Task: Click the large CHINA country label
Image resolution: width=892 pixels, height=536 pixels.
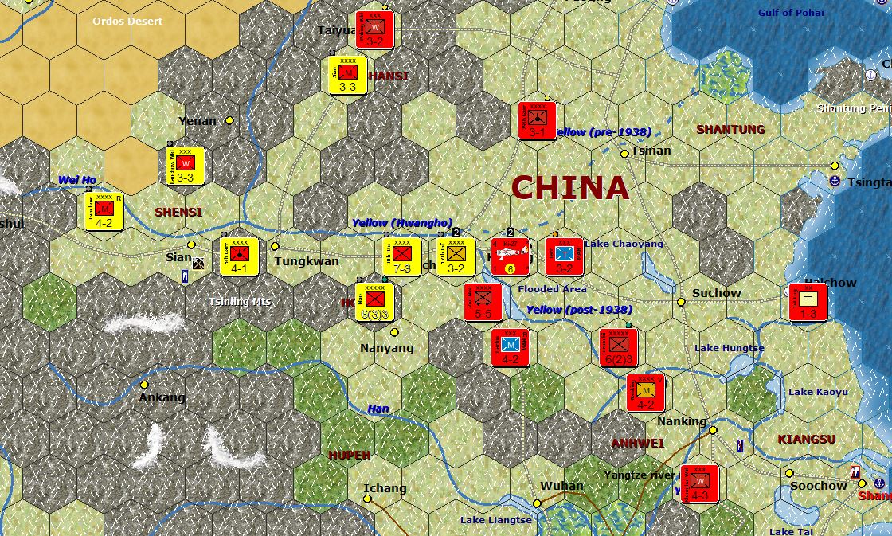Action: point(569,188)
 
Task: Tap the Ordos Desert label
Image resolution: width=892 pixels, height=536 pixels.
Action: point(127,21)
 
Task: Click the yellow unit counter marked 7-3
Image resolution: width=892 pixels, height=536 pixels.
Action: point(401,256)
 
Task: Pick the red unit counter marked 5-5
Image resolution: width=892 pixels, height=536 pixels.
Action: point(483,302)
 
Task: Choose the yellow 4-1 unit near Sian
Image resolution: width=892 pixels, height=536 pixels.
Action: point(240,256)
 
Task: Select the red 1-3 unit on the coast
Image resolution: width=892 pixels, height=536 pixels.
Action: point(808,302)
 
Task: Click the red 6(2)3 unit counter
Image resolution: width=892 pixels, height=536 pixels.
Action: point(619,347)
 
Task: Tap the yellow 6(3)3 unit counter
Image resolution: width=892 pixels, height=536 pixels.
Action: point(374,301)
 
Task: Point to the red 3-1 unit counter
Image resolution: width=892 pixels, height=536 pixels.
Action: point(537,120)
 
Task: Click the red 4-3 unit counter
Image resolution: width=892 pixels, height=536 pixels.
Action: point(700,483)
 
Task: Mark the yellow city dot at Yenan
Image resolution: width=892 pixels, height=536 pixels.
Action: point(229,120)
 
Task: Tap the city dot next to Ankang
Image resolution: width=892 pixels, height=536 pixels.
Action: point(144,385)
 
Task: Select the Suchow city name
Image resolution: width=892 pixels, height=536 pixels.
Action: point(716,293)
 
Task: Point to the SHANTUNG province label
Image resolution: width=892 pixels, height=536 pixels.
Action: point(730,129)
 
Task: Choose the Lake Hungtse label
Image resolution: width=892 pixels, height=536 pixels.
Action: point(729,348)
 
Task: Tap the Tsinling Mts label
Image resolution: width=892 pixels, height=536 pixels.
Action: point(241,302)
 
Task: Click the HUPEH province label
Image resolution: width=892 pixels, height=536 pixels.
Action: point(350,455)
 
